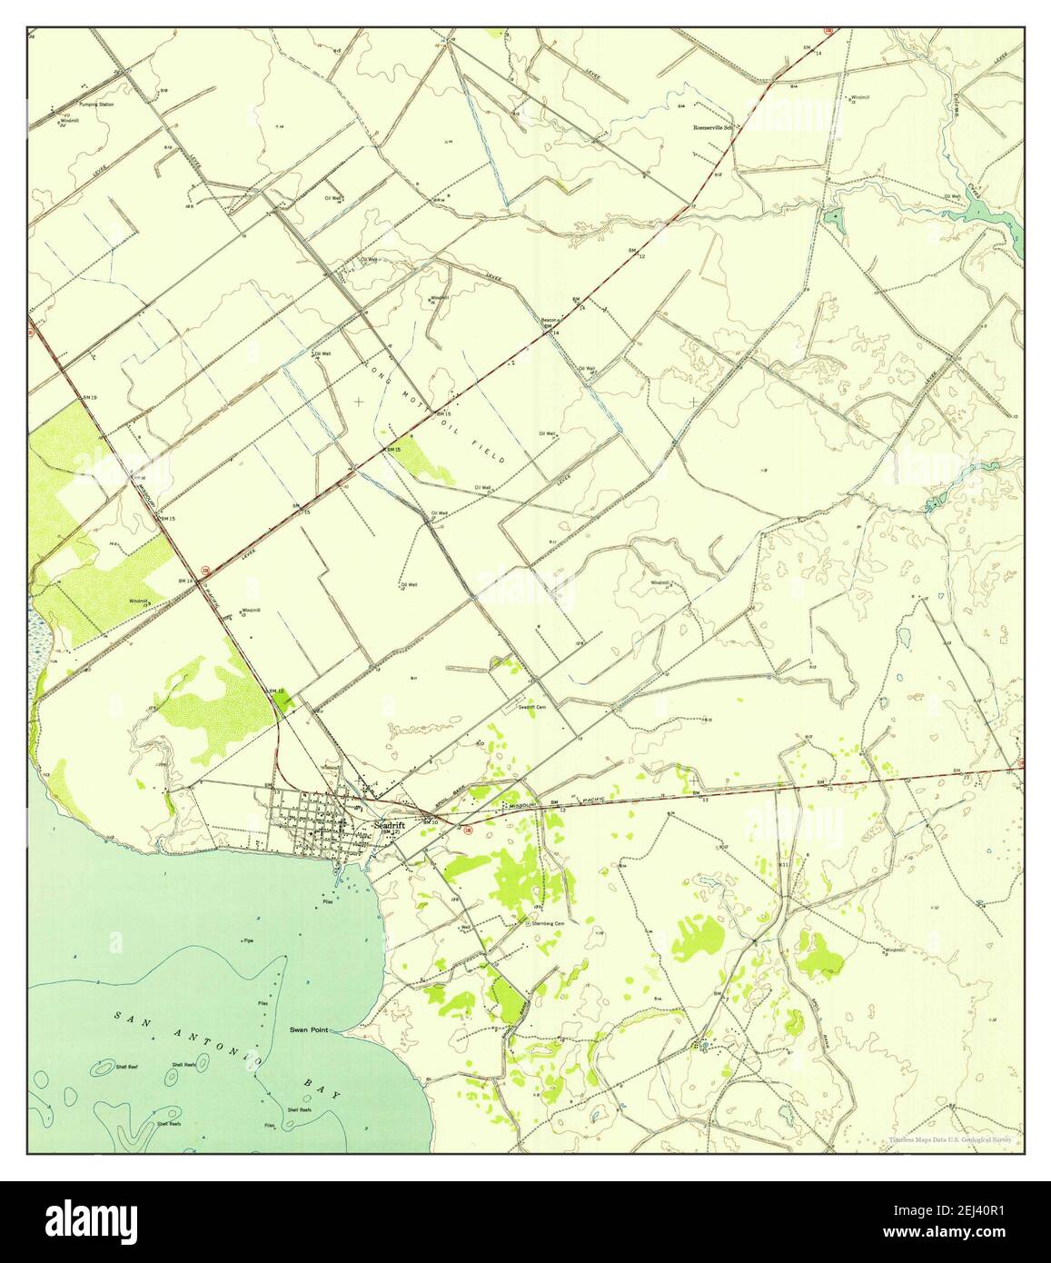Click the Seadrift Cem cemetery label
tap(531, 707)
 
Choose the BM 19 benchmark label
tap(89, 399)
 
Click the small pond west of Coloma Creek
tap(831, 217)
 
